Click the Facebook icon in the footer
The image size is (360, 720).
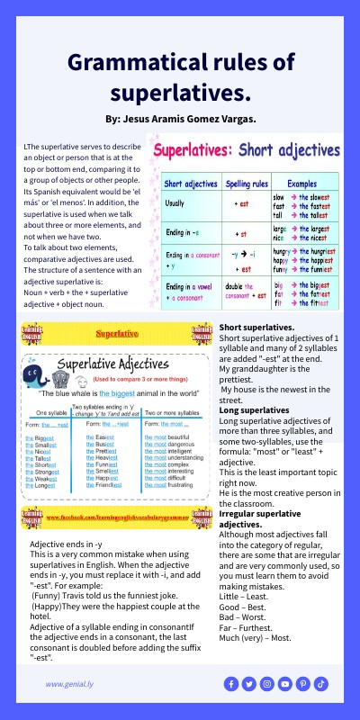tap(231, 684)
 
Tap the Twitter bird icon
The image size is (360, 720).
tap(249, 684)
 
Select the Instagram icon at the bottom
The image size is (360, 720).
tap(267, 684)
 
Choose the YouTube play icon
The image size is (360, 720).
tap(285, 684)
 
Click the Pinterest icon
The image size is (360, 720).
tap(303, 684)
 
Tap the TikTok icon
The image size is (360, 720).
tap(321, 684)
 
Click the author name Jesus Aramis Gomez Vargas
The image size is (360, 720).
tap(180, 119)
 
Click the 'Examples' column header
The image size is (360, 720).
tap(301, 183)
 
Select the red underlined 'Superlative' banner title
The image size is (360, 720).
tap(117, 333)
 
